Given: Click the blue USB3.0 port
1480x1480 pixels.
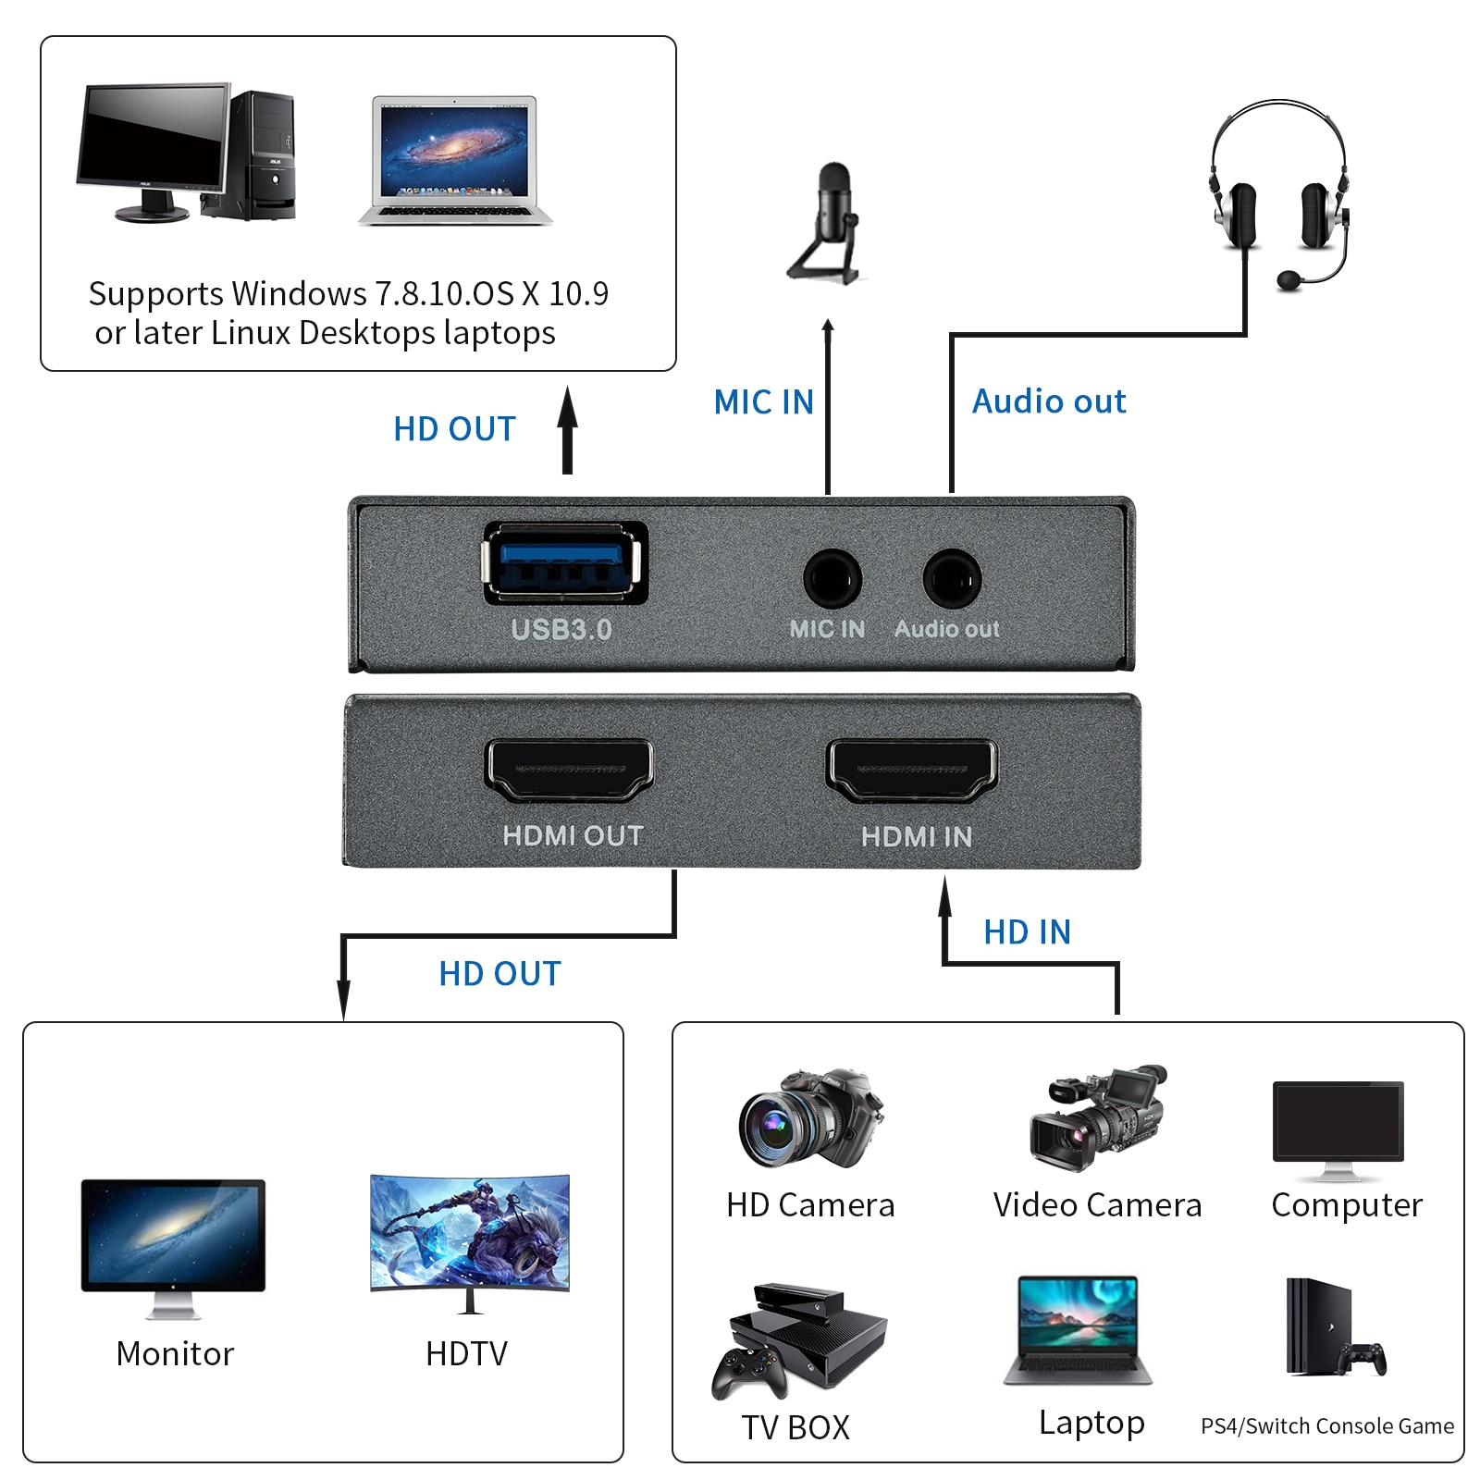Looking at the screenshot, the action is point(564,563).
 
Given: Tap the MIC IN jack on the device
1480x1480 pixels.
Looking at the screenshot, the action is point(832,579).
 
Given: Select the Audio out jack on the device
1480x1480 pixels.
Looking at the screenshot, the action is point(952,579).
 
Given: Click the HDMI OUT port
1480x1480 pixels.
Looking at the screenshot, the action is point(569,770).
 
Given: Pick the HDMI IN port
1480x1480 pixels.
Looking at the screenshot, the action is point(912,770).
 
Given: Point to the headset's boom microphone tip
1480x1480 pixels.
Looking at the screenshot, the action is point(1289,279).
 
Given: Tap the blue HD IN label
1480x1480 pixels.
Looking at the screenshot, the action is point(1027,931).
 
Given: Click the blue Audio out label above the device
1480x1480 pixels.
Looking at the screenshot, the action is point(1049,401).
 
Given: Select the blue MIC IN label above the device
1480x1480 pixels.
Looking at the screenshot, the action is point(764,401).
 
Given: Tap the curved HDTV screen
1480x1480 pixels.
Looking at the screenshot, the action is point(470,1232).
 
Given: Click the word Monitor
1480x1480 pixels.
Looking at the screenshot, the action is point(175,1353).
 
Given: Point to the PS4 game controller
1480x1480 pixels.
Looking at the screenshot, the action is point(1364,1358).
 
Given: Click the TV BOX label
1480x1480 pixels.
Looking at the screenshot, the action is point(795,1427).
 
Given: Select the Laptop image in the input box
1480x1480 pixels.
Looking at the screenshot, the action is point(1079,1330).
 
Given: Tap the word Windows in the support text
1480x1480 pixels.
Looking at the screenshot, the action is point(299,293).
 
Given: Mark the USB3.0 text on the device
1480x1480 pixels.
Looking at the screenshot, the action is point(561,630).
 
